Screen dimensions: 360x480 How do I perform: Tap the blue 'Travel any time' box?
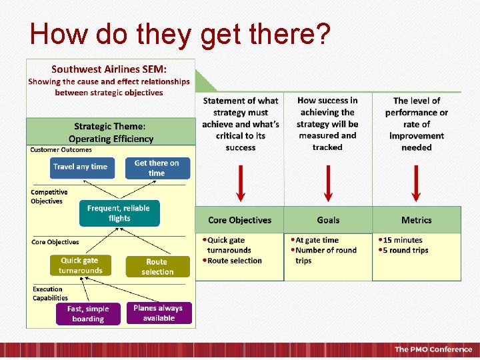pos(81,167)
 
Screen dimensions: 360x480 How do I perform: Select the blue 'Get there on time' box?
pos(157,168)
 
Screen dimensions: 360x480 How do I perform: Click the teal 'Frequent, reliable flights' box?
pos(119,213)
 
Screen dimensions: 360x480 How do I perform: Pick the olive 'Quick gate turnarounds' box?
pos(81,265)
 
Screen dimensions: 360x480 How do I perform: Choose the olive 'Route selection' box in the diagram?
pos(157,267)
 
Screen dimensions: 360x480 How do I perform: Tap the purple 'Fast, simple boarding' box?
pos(88,313)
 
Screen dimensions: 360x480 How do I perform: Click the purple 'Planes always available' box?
pos(159,313)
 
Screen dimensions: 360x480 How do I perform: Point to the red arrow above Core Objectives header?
pos(240,183)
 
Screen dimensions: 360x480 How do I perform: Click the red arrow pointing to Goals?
pos(327,183)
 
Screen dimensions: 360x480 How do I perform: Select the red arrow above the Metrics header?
pos(417,183)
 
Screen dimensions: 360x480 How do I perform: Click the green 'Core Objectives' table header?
pos(240,220)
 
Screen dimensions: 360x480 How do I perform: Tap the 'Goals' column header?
pos(328,220)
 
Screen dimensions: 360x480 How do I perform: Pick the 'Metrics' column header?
pos(417,220)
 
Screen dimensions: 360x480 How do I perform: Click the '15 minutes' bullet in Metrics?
pos(402,240)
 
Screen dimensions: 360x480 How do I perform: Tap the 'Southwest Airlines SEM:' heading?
pos(109,69)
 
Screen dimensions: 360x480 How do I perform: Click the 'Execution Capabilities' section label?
pos(51,293)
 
